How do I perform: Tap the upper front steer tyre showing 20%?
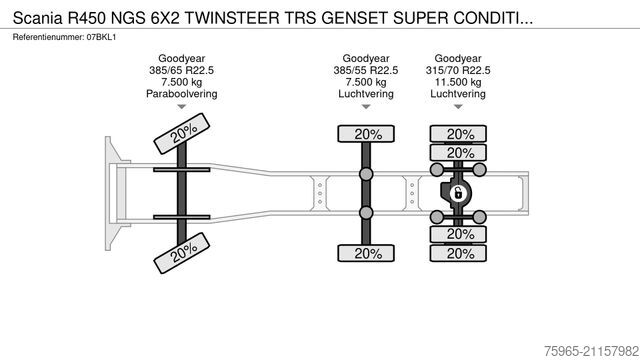pos(181,133)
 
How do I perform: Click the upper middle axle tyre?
pos(366,134)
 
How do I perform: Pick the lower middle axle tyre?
pos(366,254)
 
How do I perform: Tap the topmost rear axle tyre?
pos(459,134)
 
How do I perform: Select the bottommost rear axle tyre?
pos(459,254)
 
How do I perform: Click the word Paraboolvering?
pos(181,94)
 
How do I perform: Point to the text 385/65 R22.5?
pos(181,72)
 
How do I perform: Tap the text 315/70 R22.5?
pos(459,72)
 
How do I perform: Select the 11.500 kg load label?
pos(459,83)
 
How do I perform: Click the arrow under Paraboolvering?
pos(181,106)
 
